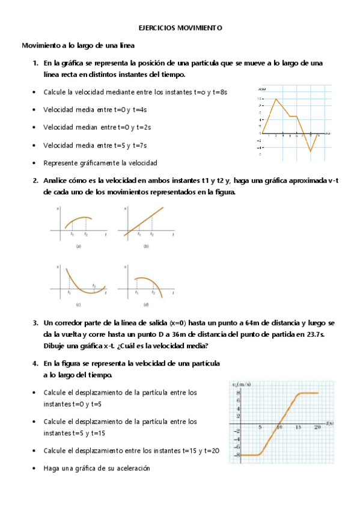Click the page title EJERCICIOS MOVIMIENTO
(180, 28)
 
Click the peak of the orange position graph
(276, 99)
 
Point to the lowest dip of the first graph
(311, 151)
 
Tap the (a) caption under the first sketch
(79, 246)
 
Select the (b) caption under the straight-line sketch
(145, 246)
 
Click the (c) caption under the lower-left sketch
(79, 305)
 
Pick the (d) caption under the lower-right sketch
(145, 305)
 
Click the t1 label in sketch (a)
(72, 234)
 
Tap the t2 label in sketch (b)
(151, 234)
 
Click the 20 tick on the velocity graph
(317, 427)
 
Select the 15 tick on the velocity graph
(298, 427)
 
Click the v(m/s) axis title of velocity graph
(241, 384)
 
